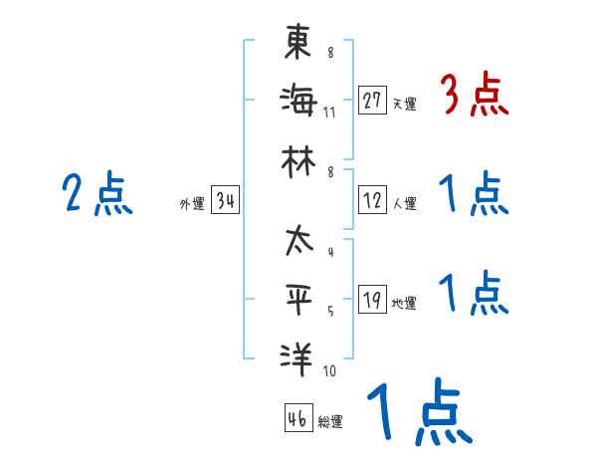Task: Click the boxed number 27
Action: point(373,101)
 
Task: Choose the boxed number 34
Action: point(226,202)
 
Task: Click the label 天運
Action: point(404,104)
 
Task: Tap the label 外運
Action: point(192,205)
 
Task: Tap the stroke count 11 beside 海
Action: point(329,111)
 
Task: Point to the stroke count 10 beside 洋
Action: point(329,371)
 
